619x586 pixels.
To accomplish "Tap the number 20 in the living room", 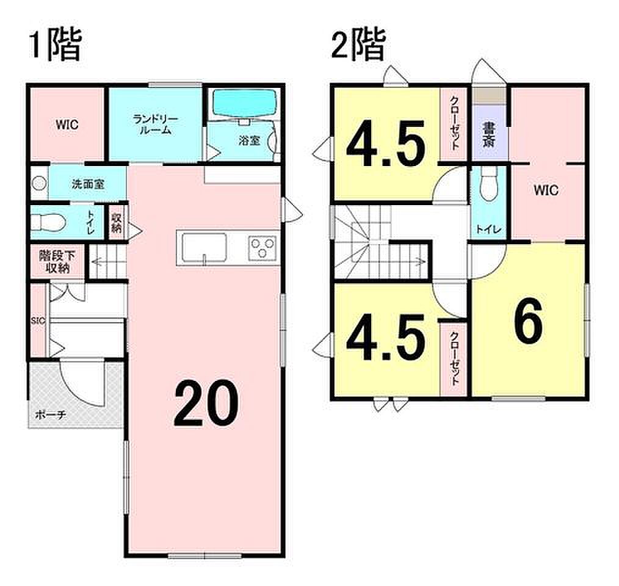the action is point(206,403).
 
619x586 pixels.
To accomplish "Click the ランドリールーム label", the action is point(155,125).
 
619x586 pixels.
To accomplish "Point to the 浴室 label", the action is point(249,140).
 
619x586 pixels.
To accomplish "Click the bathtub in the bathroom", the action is point(245,102).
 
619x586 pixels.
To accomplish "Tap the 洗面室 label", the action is point(88,184).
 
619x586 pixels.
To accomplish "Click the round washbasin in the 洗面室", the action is point(39,184).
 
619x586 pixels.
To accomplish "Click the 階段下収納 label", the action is point(57,261).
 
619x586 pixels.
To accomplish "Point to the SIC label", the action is point(38,320).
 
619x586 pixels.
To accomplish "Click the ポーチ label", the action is point(50,415).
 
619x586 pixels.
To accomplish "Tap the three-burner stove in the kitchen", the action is point(262,248).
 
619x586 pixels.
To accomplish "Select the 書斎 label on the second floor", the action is point(489,135).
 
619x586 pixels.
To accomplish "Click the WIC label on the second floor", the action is point(546,190).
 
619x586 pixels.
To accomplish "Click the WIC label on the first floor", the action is point(67,125).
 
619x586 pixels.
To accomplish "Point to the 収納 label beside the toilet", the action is point(117,223).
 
